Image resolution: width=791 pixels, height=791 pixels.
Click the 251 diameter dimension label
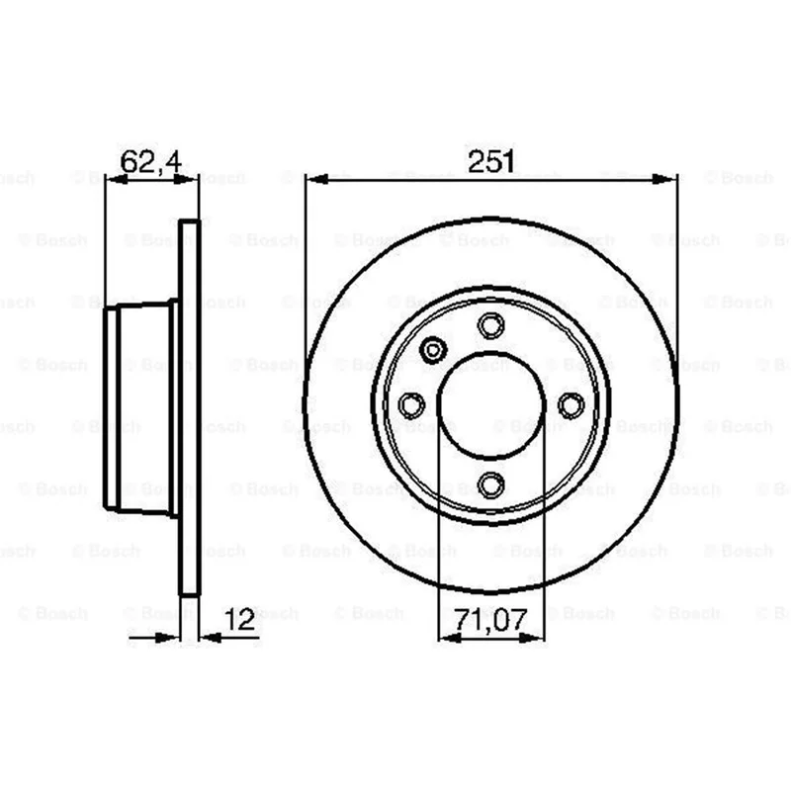[x=490, y=161]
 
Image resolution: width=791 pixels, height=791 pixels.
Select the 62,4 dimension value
[x=151, y=162]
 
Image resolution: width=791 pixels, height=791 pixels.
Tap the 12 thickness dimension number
[x=239, y=620]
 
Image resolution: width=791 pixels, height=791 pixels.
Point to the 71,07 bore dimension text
[x=490, y=620]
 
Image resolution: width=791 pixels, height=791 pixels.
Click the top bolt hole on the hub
[x=490, y=325]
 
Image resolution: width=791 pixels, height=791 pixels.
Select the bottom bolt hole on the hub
[x=490, y=484]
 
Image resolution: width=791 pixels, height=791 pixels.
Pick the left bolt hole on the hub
[x=411, y=405]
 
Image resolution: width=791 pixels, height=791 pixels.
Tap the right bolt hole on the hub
[x=571, y=405]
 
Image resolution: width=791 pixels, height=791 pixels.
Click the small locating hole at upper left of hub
[x=433, y=349]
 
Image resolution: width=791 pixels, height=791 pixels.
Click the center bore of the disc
[x=491, y=405]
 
